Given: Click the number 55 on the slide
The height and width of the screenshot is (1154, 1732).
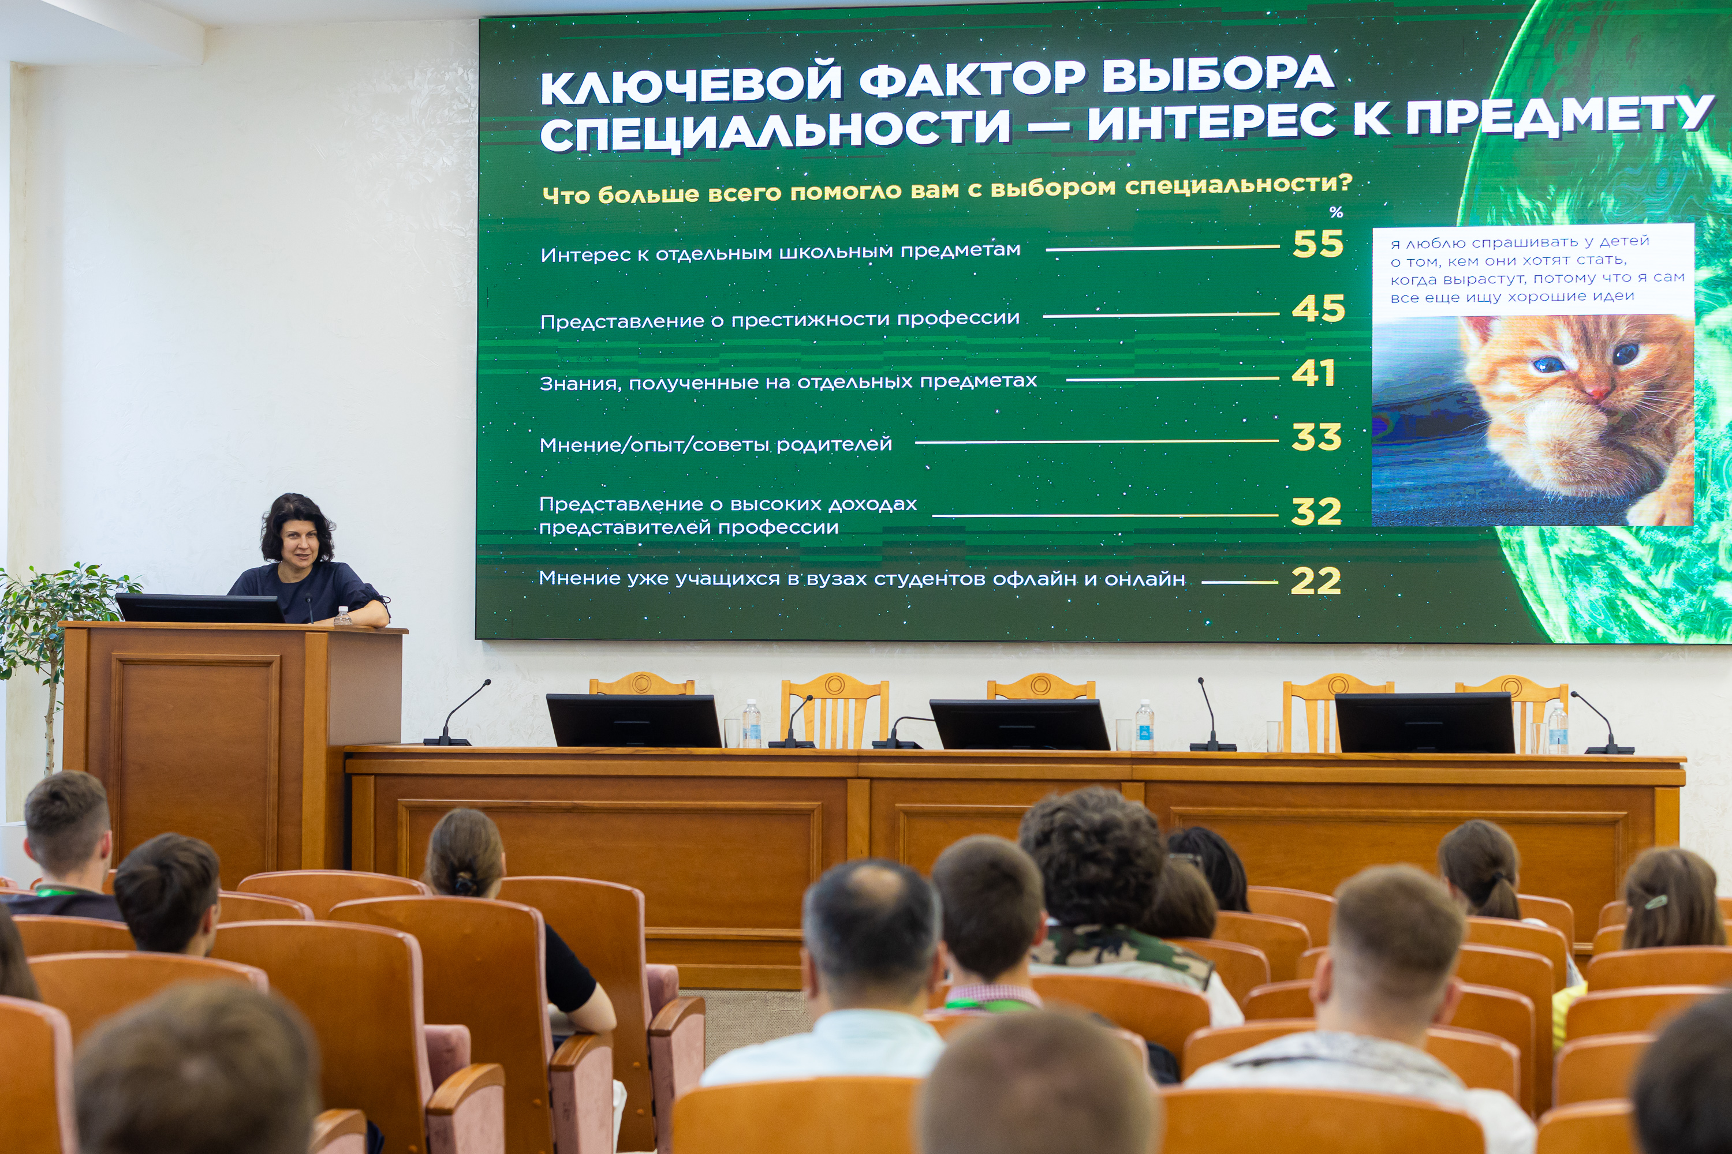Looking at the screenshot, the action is tap(1318, 243).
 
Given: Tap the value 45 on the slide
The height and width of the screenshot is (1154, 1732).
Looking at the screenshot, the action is tap(1318, 308).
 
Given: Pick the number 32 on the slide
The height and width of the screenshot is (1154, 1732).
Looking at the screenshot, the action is tap(1317, 511).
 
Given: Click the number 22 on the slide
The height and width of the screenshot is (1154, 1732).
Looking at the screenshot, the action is tap(1315, 582).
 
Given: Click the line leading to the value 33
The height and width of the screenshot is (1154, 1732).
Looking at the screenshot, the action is tap(1096, 441).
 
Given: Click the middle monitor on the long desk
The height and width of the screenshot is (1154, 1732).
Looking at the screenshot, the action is tap(1020, 724).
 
